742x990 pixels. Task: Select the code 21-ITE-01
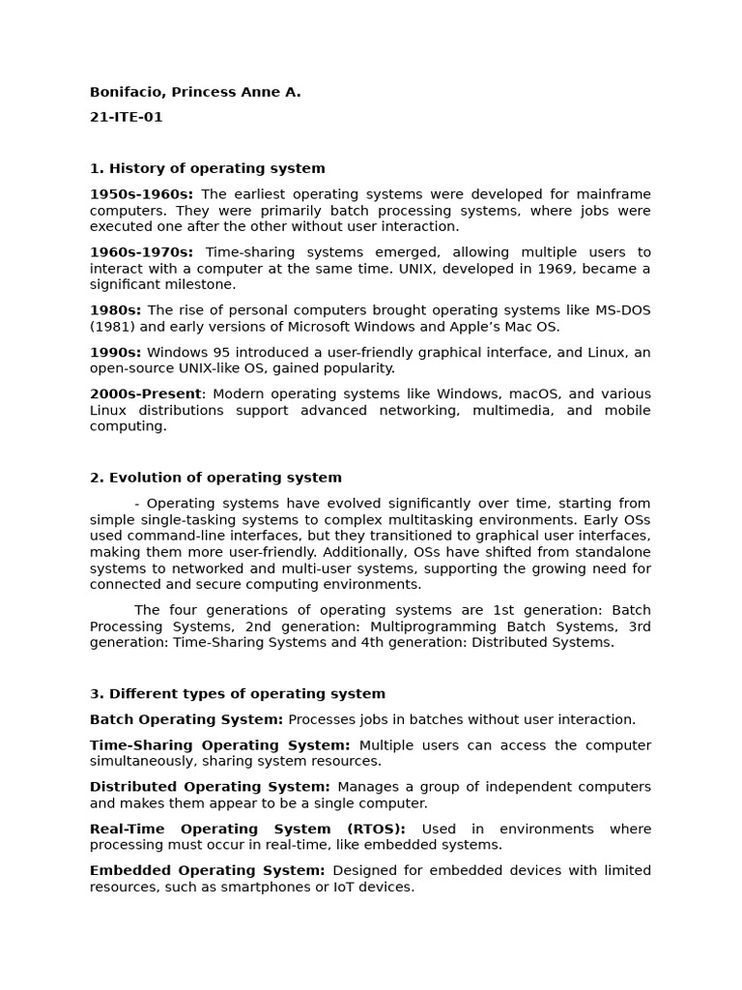coord(126,117)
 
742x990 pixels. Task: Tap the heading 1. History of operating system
coord(207,168)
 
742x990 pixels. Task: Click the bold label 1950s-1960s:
coord(141,194)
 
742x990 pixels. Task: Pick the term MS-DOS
coord(618,310)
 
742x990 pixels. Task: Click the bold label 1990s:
coord(115,352)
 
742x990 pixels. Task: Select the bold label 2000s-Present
coord(146,394)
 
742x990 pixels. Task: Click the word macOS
coord(526,394)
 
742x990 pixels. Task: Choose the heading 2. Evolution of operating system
coord(215,478)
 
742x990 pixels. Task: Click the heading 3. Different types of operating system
coord(237,694)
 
